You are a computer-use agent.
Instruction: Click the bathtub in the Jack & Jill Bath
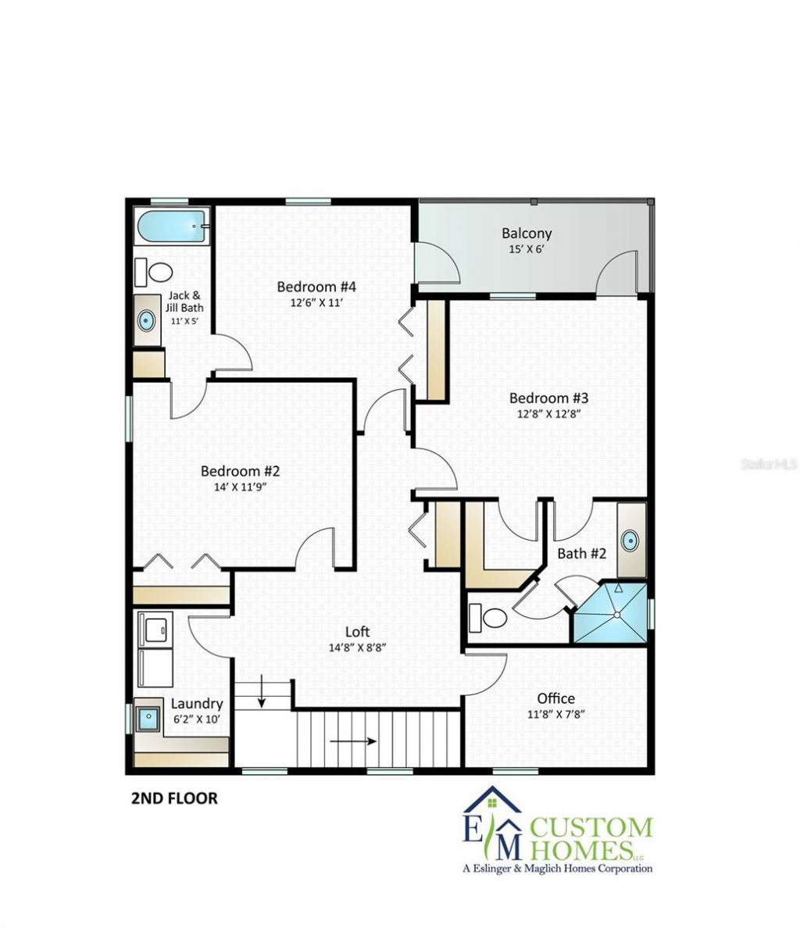[x=171, y=229]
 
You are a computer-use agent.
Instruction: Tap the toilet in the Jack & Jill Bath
[x=160, y=272]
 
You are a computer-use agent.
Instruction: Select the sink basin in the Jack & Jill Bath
[x=146, y=319]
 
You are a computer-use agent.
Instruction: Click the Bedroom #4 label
[x=310, y=287]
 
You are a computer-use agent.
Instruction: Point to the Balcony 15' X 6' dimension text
[x=527, y=250]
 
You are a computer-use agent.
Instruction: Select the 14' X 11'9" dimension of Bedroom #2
[x=240, y=487]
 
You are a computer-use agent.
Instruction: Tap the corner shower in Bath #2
[x=611, y=613]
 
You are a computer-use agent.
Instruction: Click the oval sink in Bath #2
[x=631, y=540]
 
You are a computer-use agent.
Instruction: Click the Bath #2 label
[x=581, y=554]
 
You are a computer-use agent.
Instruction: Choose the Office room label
[x=555, y=698]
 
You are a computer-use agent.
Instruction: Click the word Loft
[x=358, y=632]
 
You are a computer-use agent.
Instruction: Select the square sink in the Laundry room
[x=146, y=716]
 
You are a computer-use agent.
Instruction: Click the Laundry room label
[x=197, y=704]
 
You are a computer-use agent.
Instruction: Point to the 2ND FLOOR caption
[x=173, y=798]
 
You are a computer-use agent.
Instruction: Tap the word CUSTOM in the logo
[x=591, y=826]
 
